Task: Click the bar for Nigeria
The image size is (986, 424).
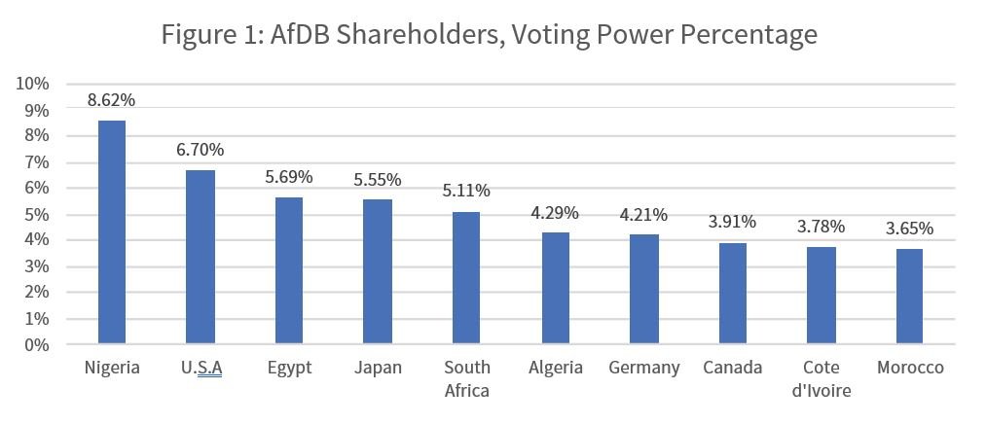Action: pyautogui.click(x=112, y=231)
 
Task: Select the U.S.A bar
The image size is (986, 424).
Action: pyautogui.click(x=201, y=257)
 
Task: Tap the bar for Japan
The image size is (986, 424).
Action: pyautogui.click(x=378, y=271)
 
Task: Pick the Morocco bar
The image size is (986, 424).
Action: pyautogui.click(x=909, y=296)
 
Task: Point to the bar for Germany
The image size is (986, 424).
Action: pyautogui.click(x=644, y=289)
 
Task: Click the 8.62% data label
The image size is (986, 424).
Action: pyautogui.click(x=111, y=99)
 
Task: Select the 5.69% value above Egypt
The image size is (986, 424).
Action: pyautogui.click(x=289, y=177)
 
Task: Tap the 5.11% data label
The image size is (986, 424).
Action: pyautogui.click(x=466, y=191)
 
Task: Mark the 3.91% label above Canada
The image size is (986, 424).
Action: pyautogui.click(x=732, y=222)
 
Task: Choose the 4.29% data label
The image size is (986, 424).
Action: pyautogui.click(x=555, y=213)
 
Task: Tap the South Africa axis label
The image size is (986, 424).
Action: pyautogui.click(x=466, y=378)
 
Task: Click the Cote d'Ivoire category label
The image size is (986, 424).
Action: pyautogui.click(x=822, y=378)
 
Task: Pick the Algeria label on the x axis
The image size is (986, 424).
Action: pyautogui.click(x=555, y=368)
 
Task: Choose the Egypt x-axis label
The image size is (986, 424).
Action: pyautogui.click(x=289, y=369)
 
